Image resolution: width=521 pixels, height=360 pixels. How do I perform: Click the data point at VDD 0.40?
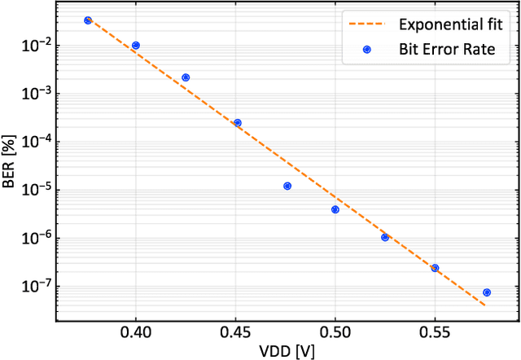coord(136,46)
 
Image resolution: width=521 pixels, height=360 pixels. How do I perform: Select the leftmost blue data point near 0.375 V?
coord(88,20)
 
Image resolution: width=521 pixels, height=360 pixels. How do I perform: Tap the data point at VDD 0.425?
coord(186,77)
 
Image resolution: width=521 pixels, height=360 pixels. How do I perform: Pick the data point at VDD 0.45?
coord(238,123)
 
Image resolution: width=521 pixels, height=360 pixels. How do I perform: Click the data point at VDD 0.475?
coord(287,186)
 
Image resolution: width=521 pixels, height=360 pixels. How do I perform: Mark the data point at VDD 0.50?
coord(335,209)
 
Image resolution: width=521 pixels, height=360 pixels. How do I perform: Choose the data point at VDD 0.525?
coord(385,237)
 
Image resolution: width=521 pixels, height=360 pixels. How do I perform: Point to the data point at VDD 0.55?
coord(435,268)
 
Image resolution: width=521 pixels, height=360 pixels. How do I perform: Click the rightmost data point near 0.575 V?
coord(487,292)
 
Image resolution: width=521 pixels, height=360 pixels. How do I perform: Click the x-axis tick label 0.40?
coord(136,332)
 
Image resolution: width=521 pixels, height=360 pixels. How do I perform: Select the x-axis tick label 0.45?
coord(235,332)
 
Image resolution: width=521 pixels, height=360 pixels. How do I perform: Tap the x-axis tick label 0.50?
coord(335,332)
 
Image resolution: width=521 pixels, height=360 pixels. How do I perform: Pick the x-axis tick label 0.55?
coord(435,332)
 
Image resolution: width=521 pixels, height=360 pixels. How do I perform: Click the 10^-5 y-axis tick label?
coord(36,190)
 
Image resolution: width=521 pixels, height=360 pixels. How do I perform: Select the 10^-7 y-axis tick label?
coord(36,286)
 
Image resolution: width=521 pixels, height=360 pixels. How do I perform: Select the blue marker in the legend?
coord(366,50)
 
